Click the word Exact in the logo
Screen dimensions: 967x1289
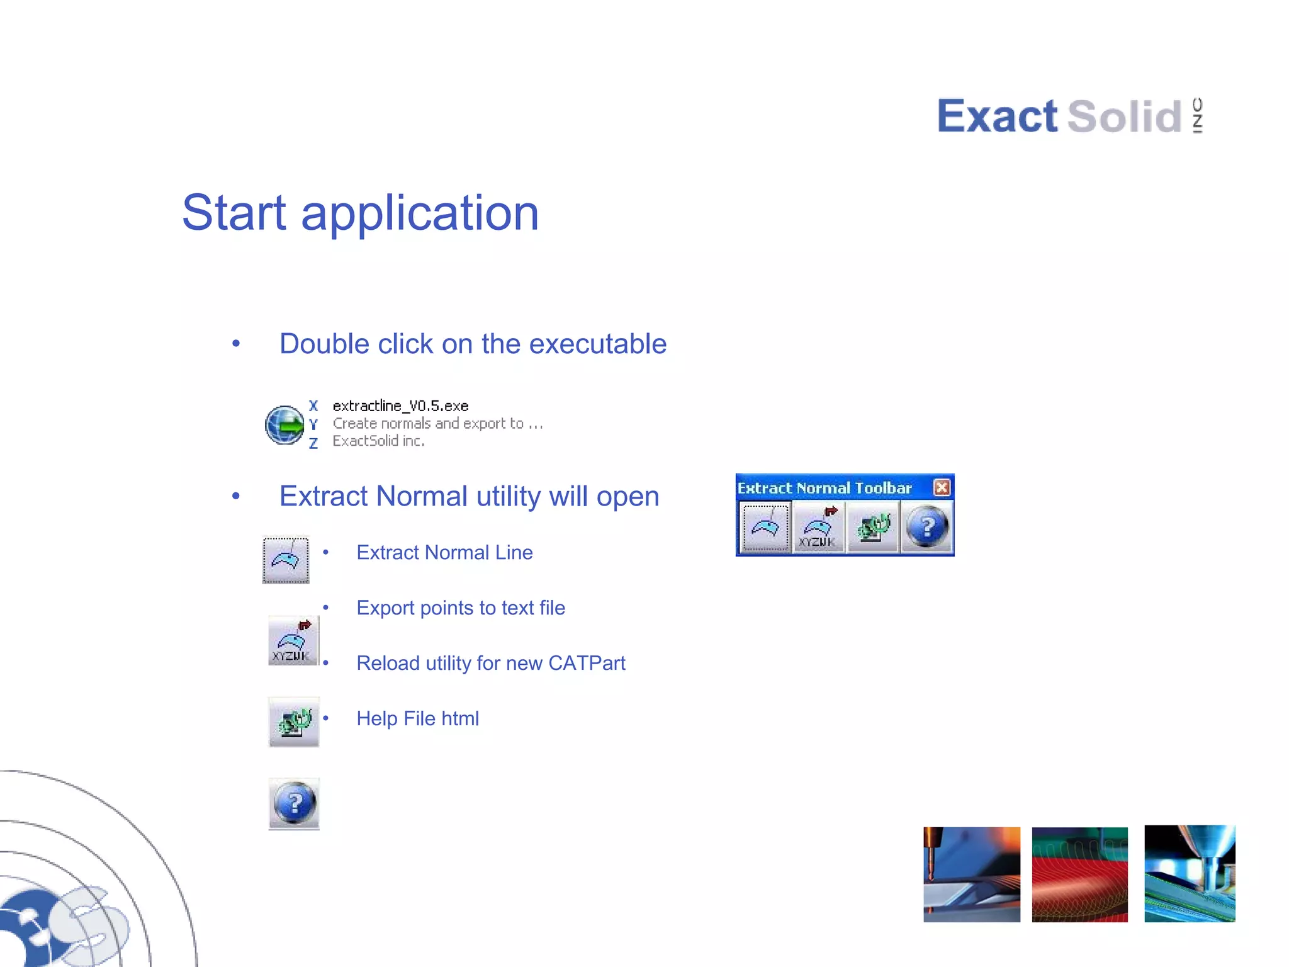(997, 117)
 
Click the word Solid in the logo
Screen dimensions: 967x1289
(1124, 117)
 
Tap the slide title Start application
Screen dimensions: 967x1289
(360, 213)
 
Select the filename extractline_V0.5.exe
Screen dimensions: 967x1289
(400, 406)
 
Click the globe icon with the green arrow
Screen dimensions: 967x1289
(284, 425)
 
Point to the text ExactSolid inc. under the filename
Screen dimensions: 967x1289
(378, 441)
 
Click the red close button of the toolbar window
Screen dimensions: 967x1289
(942, 487)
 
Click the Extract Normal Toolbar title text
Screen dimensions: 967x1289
(824, 488)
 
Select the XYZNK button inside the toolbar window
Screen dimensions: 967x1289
(818, 528)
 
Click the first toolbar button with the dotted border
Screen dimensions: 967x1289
(765, 528)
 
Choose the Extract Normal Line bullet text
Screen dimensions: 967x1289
(444, 553)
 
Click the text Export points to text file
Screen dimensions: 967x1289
(461, 608)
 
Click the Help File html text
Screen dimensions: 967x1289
(417, 719)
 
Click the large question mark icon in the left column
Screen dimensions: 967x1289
(294, 804)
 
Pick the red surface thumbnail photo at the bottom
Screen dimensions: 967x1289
(1079, 874)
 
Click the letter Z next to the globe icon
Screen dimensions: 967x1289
(313, 444)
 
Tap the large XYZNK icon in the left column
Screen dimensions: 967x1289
(293, 641)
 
